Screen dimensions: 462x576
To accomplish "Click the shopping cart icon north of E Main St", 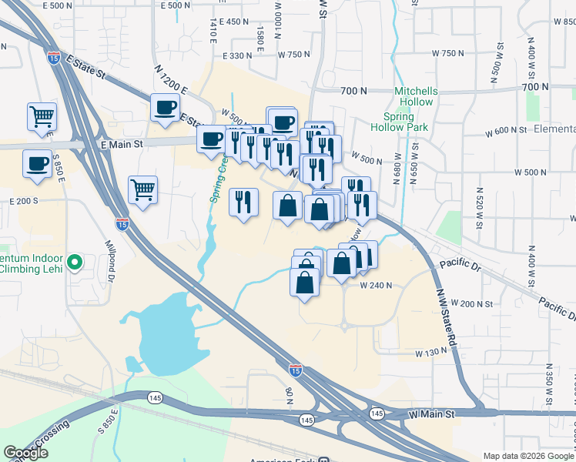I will [x=42, y=117].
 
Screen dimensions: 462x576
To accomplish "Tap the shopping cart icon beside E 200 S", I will [x=142, y=189].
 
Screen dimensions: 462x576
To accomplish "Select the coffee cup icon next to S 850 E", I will [x=37, y=164].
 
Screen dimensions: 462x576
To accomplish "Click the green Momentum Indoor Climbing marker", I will [x=75, y=263].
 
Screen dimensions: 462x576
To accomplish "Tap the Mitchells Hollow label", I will [x=416, y=96].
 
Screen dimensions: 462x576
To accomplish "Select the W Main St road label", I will [x=433, y=414].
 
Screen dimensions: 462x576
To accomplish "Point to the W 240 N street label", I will [x=376, y=285].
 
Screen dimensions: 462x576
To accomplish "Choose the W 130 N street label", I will [x=430, y=353].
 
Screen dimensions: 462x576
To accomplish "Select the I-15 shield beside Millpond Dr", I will [x=122, y=223].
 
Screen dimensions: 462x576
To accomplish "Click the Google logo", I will [x=26, y=453].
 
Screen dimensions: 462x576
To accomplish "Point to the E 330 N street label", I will [x=237, y=55].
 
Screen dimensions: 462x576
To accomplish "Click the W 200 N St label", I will [x=471, y=303].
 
